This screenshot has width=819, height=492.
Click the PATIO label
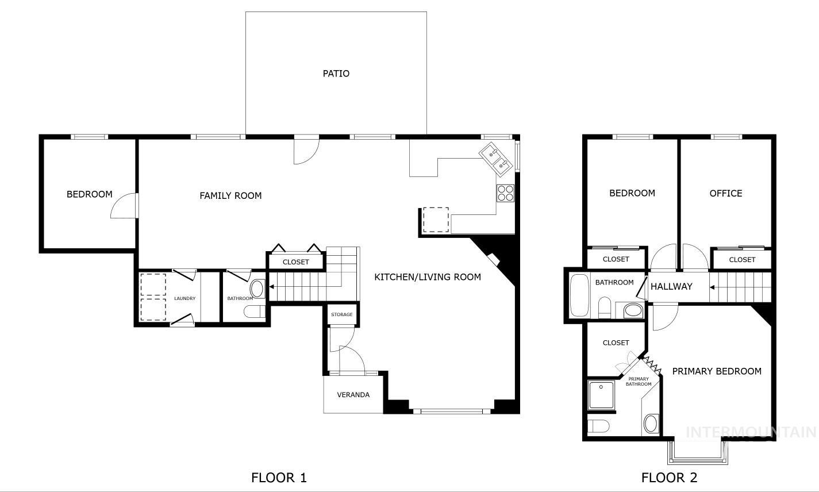pyautogui.click(x=336, y=74)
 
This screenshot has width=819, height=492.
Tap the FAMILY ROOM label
pyautogui.click(x=230, y=196)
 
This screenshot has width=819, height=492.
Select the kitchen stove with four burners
pyautogui.click(x=505, y=193)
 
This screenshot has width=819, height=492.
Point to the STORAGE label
pyautogui.click(x=341, y=315)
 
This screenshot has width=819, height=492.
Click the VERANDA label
pyautogui.click(x=353, y=395)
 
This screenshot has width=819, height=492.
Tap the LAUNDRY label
pyautogui.click(x=185, y=298)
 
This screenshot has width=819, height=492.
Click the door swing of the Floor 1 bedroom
pyautogui.click(x=123, y=206)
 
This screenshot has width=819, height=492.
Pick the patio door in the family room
pyautogui.click(x=306, y=151)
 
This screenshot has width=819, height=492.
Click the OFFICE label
pyautogui.click(x=726, y=194)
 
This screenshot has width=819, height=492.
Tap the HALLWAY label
pyautogui.click(x=671, y=286)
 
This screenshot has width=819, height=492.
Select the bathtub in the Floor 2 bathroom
pyautogui.click(x=579, y=295)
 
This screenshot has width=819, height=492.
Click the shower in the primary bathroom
pyautogui.click(x=601, y=395)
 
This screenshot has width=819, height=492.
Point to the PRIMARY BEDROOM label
pyautogui.click(x=717, y=371)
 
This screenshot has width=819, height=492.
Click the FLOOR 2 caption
pyautogui.click(x=669, y=478)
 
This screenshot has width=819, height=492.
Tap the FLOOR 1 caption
pyautogui.click(x=279, y=478)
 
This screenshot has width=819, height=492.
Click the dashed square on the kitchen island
pyautogui.click(x=436, y=220)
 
